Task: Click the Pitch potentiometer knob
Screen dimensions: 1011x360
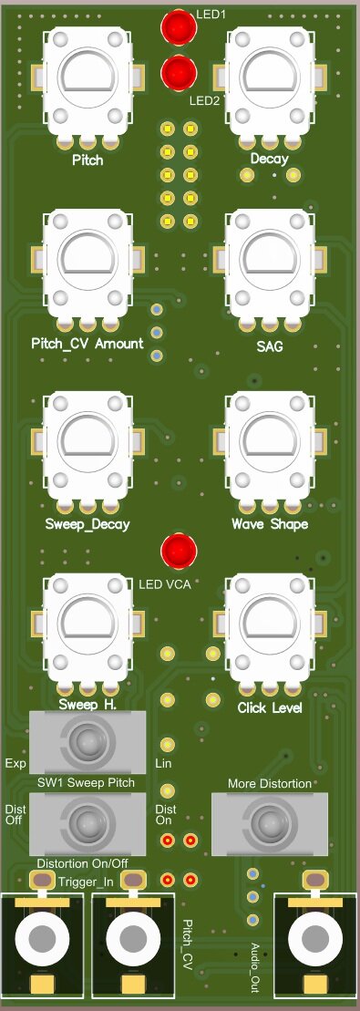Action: point(87,80)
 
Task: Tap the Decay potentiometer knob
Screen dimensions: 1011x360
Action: point(270,80)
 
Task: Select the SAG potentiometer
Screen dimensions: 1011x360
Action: point(270,263)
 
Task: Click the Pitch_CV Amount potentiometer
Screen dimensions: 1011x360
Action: point(87,263)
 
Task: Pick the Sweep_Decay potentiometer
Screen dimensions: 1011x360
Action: point(87,444)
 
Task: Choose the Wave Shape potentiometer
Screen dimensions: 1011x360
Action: point(270,444)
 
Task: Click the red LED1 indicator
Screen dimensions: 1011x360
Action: point(179,27)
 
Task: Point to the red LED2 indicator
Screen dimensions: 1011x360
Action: point(179,71)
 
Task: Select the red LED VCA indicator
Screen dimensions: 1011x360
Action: point(179,551)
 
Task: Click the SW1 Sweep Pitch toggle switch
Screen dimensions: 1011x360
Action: point(87,741)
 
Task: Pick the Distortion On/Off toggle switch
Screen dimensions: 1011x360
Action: point(87,823)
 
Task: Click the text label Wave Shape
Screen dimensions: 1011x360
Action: point(270,524)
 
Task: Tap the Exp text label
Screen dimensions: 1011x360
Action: point(14,762)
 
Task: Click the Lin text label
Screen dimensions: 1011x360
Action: point(165,763)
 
